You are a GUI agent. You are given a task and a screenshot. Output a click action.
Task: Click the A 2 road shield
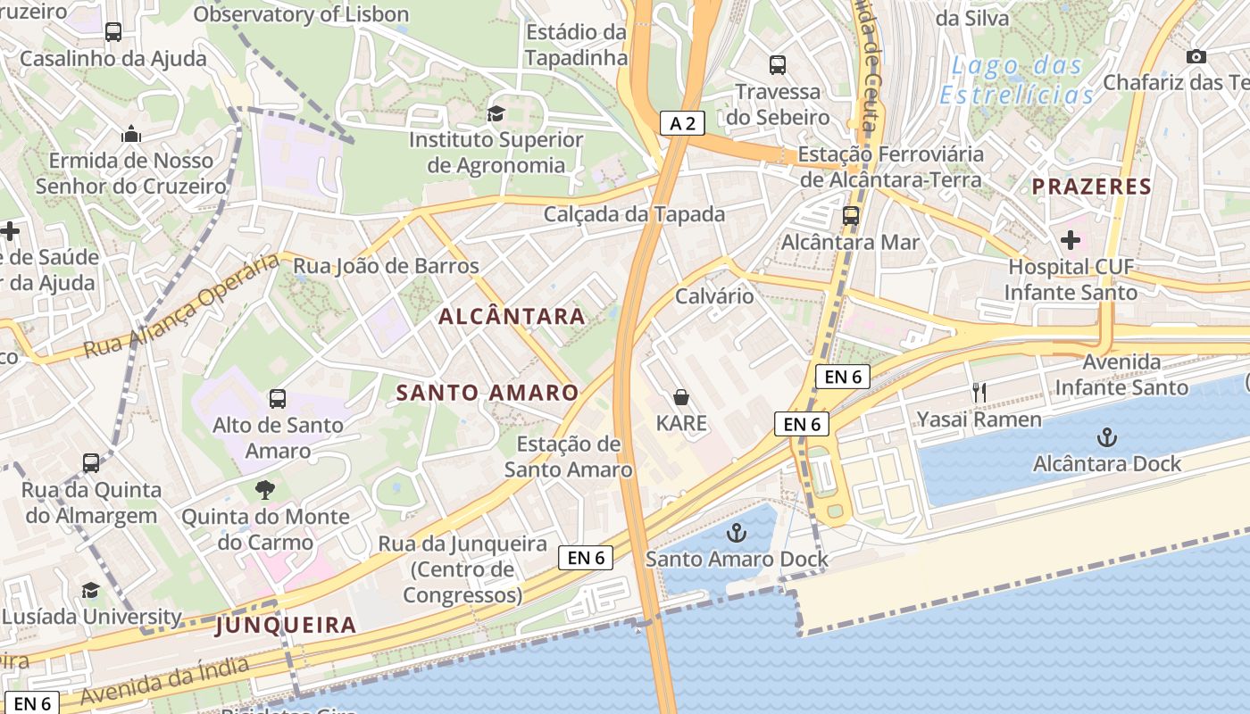click(682, 123)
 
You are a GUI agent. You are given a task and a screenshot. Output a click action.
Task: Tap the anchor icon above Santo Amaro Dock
click(737, 534)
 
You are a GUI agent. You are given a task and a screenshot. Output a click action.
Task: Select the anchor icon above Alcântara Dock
click(1107, 437)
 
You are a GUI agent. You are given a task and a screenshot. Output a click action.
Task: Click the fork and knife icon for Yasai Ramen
click(979, 392)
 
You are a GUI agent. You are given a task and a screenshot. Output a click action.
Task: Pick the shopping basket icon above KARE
click(681, 397)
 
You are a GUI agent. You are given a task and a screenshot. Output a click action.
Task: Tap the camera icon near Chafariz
click(1196, 57)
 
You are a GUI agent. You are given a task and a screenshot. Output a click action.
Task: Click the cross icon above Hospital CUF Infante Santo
click(1071, 240)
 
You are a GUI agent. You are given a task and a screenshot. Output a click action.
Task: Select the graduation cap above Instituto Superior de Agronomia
click(496, 113)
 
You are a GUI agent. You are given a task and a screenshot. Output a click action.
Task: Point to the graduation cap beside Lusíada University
click(90, 590)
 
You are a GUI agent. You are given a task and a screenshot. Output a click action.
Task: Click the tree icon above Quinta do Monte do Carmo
click(264, 489)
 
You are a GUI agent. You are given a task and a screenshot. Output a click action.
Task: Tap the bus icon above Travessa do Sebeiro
click(778, 64)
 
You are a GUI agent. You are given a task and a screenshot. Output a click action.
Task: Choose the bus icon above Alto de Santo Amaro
click(278, 398)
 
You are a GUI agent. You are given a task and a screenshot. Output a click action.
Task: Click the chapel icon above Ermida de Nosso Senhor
click(132, 135)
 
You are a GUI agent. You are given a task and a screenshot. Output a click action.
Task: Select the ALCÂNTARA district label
click(512, 316)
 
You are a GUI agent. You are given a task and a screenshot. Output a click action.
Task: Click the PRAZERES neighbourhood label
click(1091, 187)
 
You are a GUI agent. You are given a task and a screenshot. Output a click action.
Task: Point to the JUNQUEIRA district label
click(286, 625)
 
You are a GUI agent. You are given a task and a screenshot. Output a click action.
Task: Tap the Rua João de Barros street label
click(387, 266)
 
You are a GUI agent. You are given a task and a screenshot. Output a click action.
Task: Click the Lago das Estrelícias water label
click(1016, 79)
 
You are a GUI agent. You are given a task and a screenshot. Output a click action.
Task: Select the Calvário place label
click(714, 296)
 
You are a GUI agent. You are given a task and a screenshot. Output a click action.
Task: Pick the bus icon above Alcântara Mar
click(851, 215)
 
